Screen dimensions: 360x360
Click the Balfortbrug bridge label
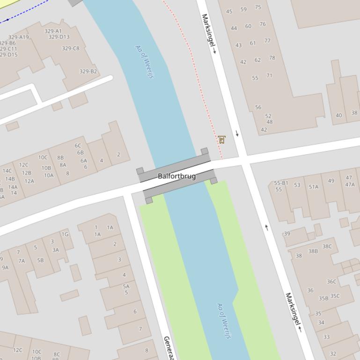pos(176,176)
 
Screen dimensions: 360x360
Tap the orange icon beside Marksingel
pos(221,139)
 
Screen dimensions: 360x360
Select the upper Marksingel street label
pos(209,33)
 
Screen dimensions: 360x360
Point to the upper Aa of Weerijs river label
pos(144,62)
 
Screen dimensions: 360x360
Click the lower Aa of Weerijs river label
pos(225,321)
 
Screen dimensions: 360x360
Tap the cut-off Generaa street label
pos(169,348)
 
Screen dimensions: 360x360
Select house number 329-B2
pos(88,72)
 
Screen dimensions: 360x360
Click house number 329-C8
pos(71,48)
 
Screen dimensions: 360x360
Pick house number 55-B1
pos(281,183)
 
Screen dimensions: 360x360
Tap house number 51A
pos(313,187)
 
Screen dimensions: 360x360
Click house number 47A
pos(350,184)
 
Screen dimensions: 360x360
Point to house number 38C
pos(327,246)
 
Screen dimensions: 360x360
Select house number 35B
pos(323,298)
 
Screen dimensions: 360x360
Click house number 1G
pos(65,234)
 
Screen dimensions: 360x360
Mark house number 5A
pos(126,286)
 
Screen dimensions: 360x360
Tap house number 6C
pos(78,145)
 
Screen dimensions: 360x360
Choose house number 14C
pos(7,171)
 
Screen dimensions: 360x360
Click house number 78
pos(272,58)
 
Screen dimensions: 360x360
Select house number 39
pos(287,234)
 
